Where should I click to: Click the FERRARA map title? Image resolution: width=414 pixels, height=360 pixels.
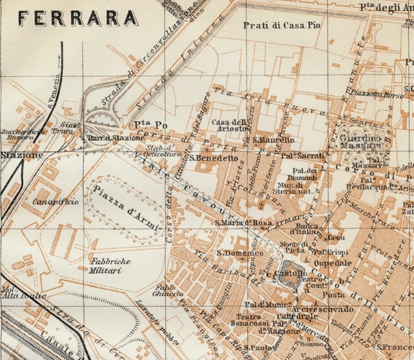tap(77, 17)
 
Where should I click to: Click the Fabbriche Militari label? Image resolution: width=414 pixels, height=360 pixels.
tap(110, 265)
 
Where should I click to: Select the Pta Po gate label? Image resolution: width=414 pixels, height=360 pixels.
tap(145, 124)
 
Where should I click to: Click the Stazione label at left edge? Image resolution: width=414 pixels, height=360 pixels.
tap(21, 155)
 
